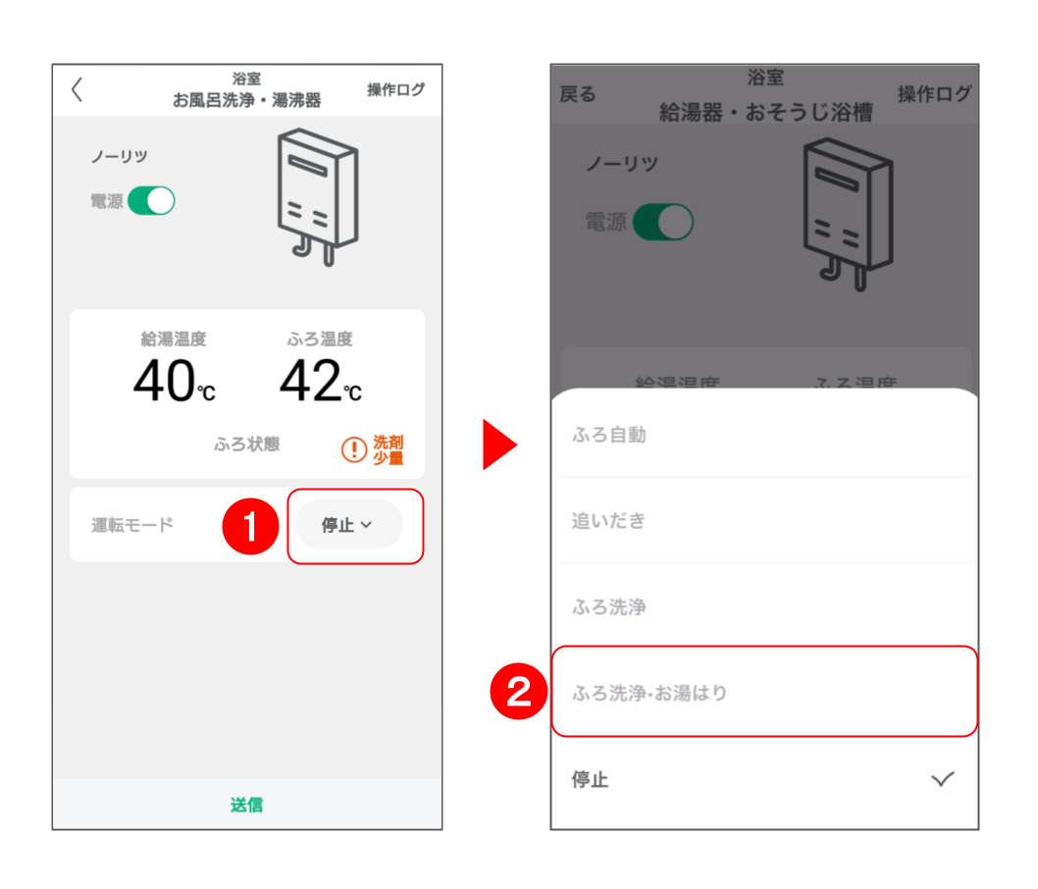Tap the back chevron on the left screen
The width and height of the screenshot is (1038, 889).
coord(78,89)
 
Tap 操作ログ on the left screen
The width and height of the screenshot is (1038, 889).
coord(395,89)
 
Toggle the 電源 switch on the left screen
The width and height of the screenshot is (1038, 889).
coord(152,200)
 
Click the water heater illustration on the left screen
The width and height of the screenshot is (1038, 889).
coord(318,197)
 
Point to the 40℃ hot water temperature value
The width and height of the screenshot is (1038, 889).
coord(174,381)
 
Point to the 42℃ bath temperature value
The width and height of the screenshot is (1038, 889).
coord(321,381)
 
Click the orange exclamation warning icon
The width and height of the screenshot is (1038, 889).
coord(354,449)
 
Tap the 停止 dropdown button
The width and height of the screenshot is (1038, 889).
coord(348,525)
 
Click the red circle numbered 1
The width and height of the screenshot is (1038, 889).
coord(250,526)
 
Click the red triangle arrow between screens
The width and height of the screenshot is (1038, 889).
coord(499,444)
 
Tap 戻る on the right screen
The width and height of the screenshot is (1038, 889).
coord(578,94)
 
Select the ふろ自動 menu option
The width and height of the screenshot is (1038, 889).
coord(609,435)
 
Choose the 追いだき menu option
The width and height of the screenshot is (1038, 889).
coord(608,521)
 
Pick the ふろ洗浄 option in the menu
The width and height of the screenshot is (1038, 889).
coord(609,607)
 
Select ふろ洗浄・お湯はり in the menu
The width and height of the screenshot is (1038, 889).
coord(649,693)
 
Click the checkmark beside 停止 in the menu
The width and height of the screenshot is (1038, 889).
coord(943,779)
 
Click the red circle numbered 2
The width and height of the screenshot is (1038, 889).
coord(518,692)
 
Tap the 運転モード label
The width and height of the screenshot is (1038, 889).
coord(132,525)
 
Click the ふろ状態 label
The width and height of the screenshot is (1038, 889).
coord(246,444)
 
